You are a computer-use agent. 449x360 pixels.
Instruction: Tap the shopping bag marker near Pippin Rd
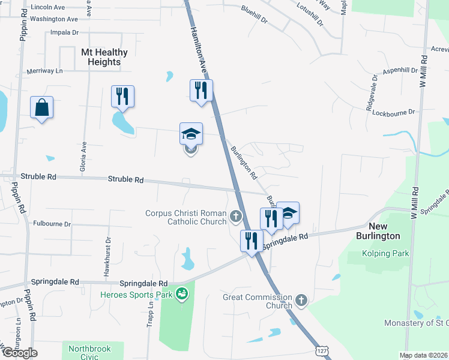pyautogui.click(x=42, y=108)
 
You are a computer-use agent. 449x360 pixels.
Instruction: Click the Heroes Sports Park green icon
pyautogui.click(x=181, y=294)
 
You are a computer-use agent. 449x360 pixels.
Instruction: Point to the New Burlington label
pyautogui.click(x=384, y=231)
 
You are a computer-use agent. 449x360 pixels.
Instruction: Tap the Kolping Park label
pyautogui.click(x=385, y=254)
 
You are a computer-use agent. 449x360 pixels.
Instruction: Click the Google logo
pyautogui.click(x=20, y=353)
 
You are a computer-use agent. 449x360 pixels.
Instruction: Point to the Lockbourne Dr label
pyautogui.click(x=394, y=112)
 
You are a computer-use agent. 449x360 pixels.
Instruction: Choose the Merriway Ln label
pyautogui.click(x=45, y=71)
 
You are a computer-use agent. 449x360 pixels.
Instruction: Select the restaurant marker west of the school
pyautogui.click(x=122, y=97)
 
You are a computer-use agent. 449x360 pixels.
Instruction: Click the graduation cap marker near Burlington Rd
pyautogui.click(x=288, y=214)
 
